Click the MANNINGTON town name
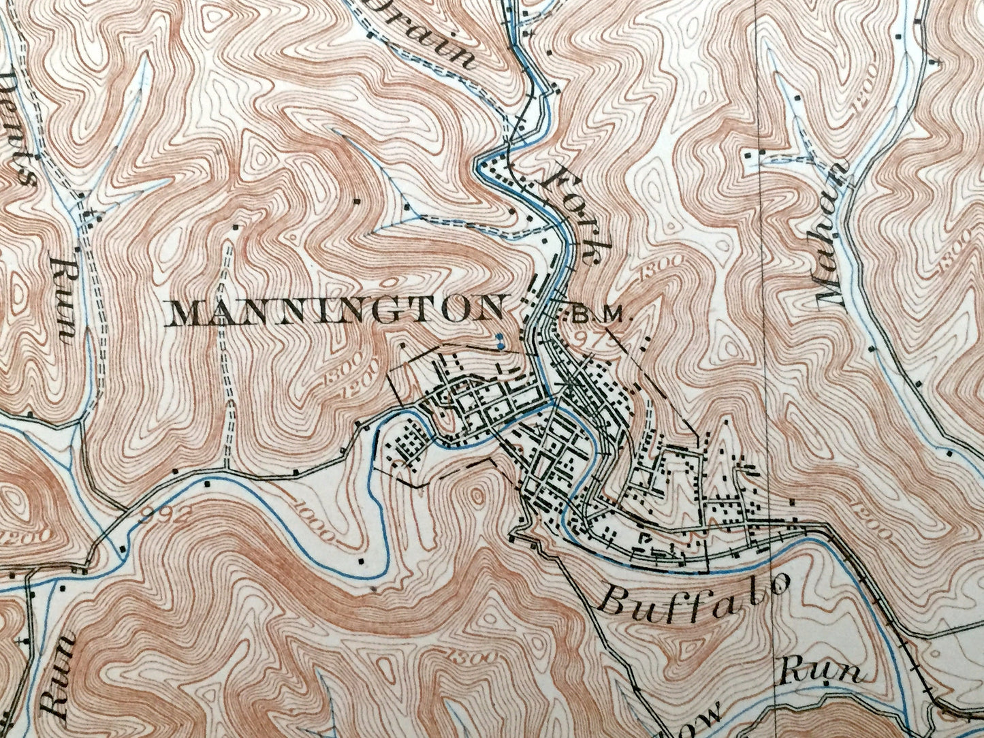point(336,312)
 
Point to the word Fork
point(573,214)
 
